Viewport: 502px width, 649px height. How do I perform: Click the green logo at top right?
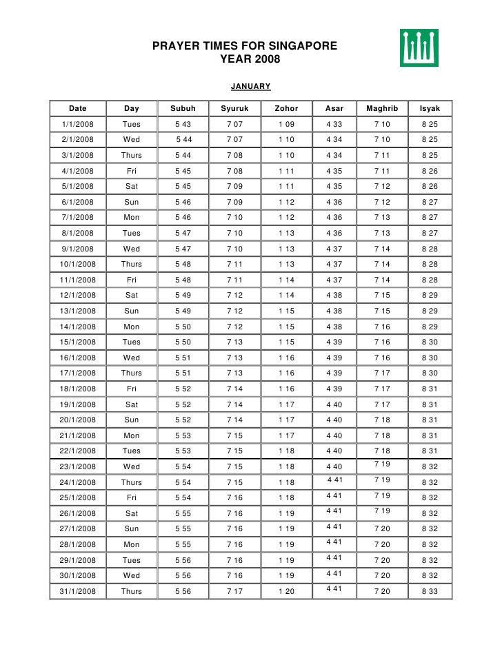click(419, 48)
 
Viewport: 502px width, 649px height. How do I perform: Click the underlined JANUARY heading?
click(250, 87)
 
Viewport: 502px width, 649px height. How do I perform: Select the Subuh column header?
click(183, 109)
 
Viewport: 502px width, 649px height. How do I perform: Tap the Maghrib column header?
click(382, 109)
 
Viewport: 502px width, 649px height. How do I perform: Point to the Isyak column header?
click(430, 109)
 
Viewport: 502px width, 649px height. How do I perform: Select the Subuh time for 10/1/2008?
click(183, 265)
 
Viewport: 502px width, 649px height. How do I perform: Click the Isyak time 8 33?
click(430, 591)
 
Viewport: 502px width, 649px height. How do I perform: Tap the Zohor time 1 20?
click(286, 591)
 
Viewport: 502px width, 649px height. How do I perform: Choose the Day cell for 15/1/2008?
click(131, 342)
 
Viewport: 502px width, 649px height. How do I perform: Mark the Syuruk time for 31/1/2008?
click(234, 591)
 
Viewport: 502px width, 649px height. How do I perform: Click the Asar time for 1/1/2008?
click(334, 125)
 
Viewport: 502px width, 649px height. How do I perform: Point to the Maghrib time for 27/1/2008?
click(382, 529)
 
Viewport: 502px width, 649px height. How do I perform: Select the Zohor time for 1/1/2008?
click(286, 125)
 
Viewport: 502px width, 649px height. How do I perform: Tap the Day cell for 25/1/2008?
click(131, 497)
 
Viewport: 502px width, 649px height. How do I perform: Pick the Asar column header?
click(334, 109)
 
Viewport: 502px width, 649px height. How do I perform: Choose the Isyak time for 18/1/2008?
click(430, 389)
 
